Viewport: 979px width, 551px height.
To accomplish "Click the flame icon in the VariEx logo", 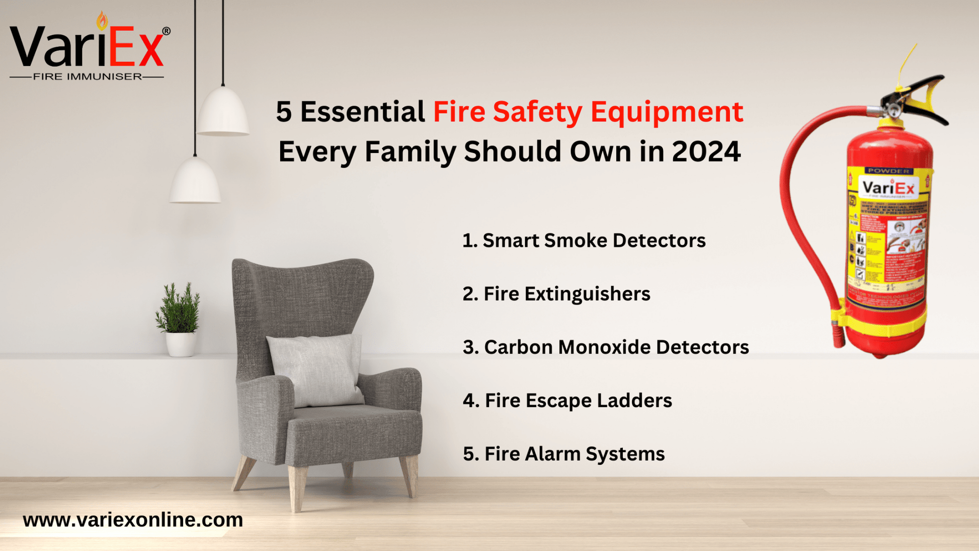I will [102, 20].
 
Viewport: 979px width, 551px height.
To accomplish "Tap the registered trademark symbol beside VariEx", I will [166, 31].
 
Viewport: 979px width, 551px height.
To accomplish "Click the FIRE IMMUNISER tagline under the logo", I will [87, 76].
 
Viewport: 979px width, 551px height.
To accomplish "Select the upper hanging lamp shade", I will [223, 111].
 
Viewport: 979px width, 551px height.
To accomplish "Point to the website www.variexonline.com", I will [133, 520].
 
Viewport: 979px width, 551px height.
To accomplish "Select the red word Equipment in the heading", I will [666, 111].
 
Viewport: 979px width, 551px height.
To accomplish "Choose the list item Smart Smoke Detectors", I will [584, 241].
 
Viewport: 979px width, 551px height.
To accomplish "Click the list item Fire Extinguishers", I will [556, 294].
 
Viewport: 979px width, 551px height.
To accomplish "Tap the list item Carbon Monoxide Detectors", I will [606, 347].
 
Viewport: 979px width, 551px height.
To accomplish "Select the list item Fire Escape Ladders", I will [567, 401].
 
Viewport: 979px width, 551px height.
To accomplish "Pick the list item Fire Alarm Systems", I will [564, 454].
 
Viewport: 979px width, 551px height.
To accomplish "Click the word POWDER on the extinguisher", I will [888, 171].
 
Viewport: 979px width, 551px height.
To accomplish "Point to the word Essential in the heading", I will [362, 111].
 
